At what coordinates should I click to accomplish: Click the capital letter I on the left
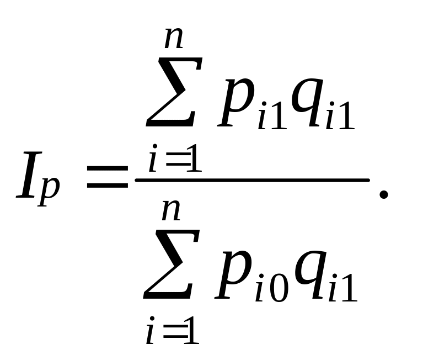[x=28, y=176]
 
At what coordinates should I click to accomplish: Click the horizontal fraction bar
[x=251, y=179]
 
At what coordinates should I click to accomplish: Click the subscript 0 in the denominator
[x=278, y=289]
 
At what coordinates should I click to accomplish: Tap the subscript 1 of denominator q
[x=349, y=289]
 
